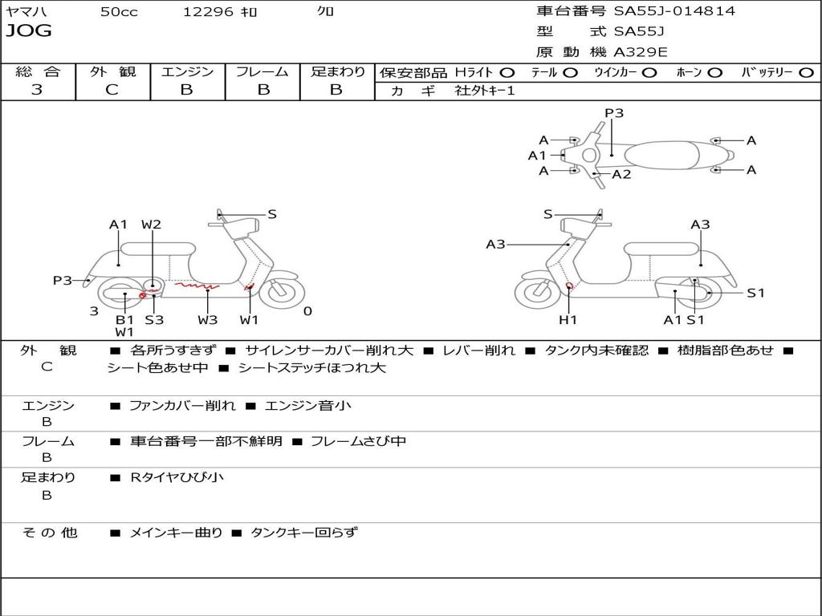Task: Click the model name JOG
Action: point(29,31)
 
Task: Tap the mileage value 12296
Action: point(208,12)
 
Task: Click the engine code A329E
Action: point(641,53)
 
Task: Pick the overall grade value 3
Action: point(37,90)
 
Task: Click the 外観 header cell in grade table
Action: point(112,72)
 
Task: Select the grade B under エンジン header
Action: point(187,90)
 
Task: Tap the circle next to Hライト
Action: point(507,73)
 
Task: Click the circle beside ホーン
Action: point(714,73)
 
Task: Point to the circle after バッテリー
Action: point(806,73)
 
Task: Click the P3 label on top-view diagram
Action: point(614,113)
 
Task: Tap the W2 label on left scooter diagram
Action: point(152,225)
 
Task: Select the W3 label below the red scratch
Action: point(208,320)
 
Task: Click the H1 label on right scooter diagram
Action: point(568,320)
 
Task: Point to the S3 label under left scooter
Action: point(154,320)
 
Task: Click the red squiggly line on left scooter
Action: point(196,285)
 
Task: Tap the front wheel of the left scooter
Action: point(280,293)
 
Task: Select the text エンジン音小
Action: point(307,406)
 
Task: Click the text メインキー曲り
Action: point(176,533)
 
